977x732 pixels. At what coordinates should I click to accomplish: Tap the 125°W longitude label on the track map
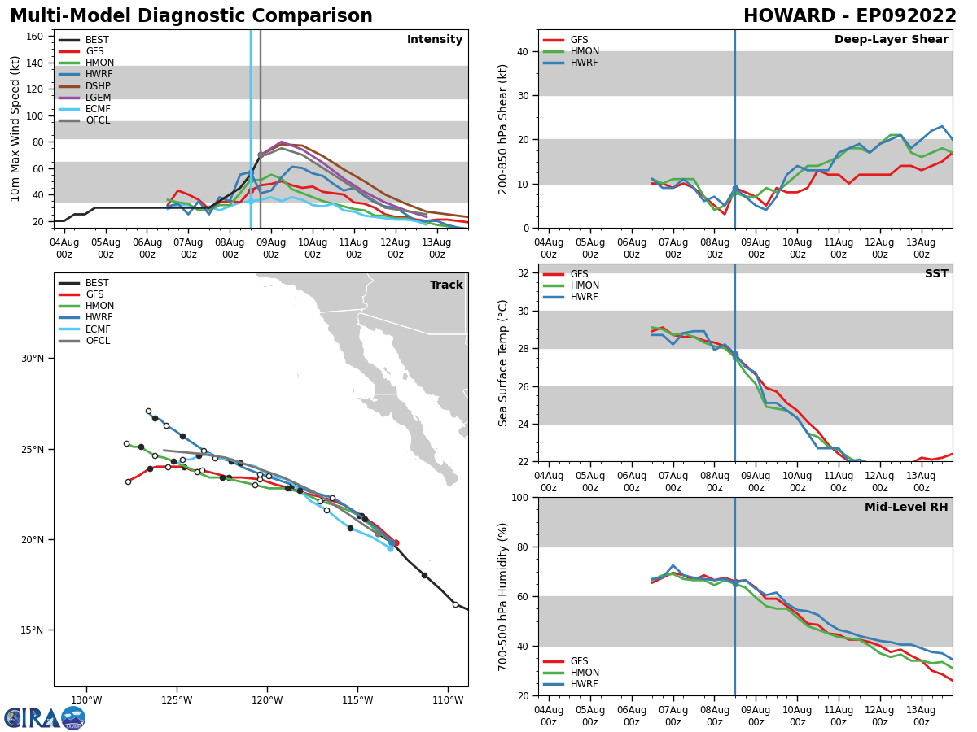[177, 700]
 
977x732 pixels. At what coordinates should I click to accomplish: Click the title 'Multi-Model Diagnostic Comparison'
[191, 16]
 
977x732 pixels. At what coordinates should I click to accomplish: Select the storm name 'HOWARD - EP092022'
[849, 16]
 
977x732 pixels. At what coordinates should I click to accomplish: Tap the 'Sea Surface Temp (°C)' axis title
[503, 363]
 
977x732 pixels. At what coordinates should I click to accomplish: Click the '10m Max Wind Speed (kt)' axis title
[15, 129]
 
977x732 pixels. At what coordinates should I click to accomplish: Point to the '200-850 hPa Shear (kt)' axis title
[503, 129]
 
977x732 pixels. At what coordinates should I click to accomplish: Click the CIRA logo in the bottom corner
[45, 717]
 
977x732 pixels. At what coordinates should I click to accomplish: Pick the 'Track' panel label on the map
[446, 285]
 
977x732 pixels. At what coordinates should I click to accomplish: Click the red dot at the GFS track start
[396, 542]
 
